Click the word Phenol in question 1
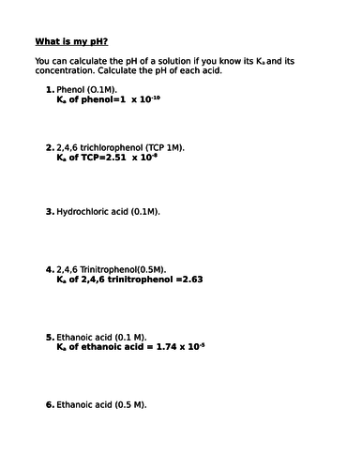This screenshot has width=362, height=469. point(71,89)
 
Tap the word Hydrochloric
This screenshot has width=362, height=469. point(84,212)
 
